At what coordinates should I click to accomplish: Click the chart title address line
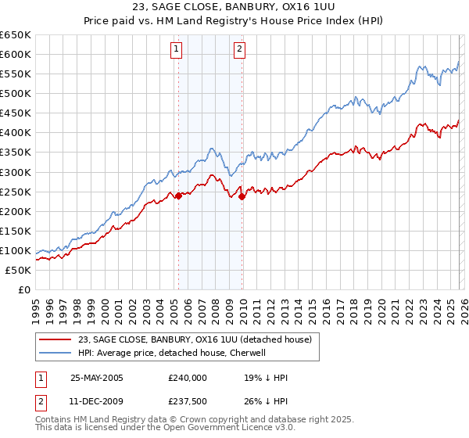tap(235, 8)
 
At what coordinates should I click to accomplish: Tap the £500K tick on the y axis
tap(15, 94)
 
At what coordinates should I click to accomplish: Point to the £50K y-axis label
tap(17, 270)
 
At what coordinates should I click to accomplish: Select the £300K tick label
tap(15, 172)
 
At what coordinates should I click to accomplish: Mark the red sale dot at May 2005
tap(178, 196)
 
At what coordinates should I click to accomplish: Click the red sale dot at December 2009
tap(242, 196)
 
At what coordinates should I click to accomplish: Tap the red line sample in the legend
tap(55, 339)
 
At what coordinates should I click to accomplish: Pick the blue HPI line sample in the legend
tap(55, 353)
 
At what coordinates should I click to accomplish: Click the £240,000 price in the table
tap(187, 377)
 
